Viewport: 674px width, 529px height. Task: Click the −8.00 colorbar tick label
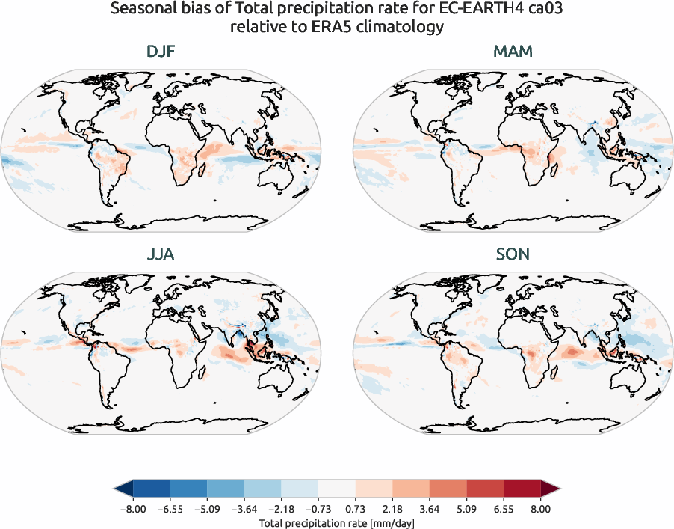point(132,508)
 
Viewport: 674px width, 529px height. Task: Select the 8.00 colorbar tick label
point(541,508)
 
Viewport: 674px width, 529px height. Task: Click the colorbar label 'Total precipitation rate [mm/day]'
point(336,522)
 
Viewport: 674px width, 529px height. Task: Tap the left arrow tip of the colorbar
point(116,489)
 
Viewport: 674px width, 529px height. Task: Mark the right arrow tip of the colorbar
point(557,489)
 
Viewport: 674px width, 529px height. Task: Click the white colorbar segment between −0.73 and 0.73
point(336,489)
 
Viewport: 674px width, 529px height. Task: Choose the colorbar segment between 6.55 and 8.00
point(522,489)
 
